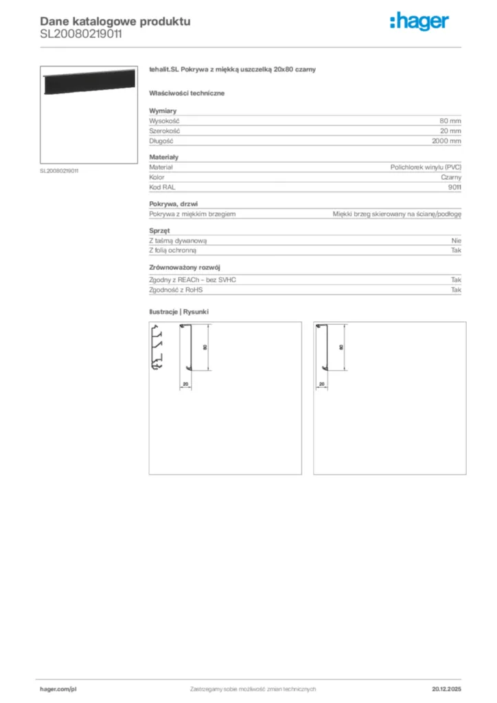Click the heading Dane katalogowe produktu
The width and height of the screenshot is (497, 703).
coord(115,21)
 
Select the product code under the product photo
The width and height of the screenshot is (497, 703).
coord(59,171)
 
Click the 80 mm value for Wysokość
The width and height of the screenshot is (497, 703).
coord(450,121)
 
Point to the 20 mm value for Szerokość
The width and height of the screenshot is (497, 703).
coord(450,130)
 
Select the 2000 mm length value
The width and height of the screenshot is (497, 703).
coord(446,141)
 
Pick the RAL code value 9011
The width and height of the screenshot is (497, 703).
coord(454,187)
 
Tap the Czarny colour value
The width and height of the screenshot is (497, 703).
coord(451,177)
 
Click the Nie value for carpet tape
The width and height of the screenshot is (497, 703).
coord(456,241)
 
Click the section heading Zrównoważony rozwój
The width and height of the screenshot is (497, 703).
coord(185,267)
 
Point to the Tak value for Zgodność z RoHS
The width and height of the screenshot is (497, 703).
coord(456,290)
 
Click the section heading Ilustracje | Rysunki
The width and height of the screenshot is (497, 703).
coord(179,312)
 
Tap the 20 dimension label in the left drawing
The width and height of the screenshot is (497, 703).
coord(185,383)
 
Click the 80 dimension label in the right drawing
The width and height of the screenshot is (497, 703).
coord(341,347)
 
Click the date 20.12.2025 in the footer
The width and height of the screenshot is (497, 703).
coord(447,689)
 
